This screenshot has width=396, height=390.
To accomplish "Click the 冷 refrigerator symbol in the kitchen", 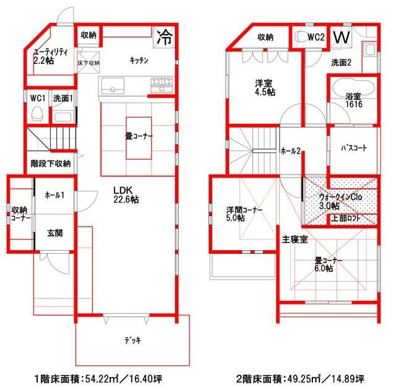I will (164, 37).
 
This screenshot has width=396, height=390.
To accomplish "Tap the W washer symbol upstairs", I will (341, 37).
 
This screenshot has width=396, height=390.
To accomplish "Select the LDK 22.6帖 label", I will (125, 195).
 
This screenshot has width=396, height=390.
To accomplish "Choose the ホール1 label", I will (54, 195).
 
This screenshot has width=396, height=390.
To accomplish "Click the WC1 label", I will (37, 98).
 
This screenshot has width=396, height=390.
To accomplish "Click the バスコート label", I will (354, 149).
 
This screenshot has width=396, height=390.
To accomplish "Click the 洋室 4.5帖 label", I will (264, 87).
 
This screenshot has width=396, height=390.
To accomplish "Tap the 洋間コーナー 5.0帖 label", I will (244, 214).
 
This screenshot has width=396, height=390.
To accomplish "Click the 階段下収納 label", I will (50, 164).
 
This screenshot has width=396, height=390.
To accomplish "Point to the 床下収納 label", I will (88, 63).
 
